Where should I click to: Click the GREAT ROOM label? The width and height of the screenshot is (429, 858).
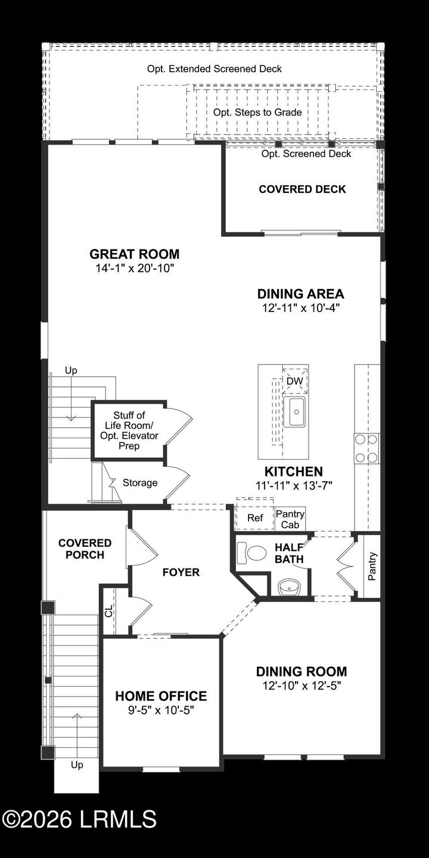coord(134,254)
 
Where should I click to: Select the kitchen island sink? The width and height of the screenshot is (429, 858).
coord(294,411)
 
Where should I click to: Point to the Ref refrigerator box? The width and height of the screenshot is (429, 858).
coord(255,518)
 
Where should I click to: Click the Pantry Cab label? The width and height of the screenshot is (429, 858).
coord(290,519)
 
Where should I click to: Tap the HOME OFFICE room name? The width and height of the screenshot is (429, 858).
coord(161,696)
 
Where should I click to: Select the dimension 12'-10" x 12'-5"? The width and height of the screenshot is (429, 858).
coord(301,685)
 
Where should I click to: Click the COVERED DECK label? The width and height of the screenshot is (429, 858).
coord(302,189)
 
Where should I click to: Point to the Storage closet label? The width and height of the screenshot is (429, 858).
coord(140,482)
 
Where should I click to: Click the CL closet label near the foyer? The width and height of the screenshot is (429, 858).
coord(108,611)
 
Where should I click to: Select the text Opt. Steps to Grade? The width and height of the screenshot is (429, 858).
coord(257,112)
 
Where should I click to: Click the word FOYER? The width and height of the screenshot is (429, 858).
coord(181,572)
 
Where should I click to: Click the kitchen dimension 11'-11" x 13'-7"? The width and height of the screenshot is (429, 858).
coord(294,485)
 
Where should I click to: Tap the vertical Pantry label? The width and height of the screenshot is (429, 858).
coord(372,566)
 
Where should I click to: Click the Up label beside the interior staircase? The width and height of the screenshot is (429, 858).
coord(71,370)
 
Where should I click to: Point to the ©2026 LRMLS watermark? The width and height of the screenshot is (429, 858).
coord(79,819)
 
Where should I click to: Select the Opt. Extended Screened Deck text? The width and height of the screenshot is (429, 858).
coord(214,69)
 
